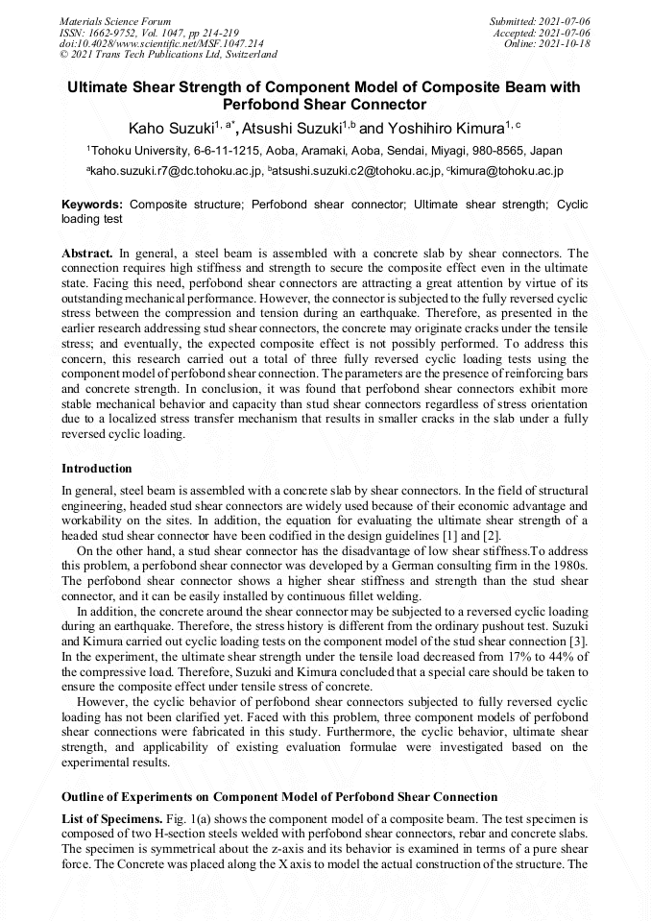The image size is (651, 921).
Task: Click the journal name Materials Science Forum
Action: pos(115,21)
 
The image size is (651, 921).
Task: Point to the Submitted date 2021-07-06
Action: pos(541,21)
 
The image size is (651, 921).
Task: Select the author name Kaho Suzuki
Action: pos(171,129)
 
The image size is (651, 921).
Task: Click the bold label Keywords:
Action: pos(92,205)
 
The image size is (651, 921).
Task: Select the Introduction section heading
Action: pos(97,469)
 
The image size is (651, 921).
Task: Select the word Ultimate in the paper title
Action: pos(100,86)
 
